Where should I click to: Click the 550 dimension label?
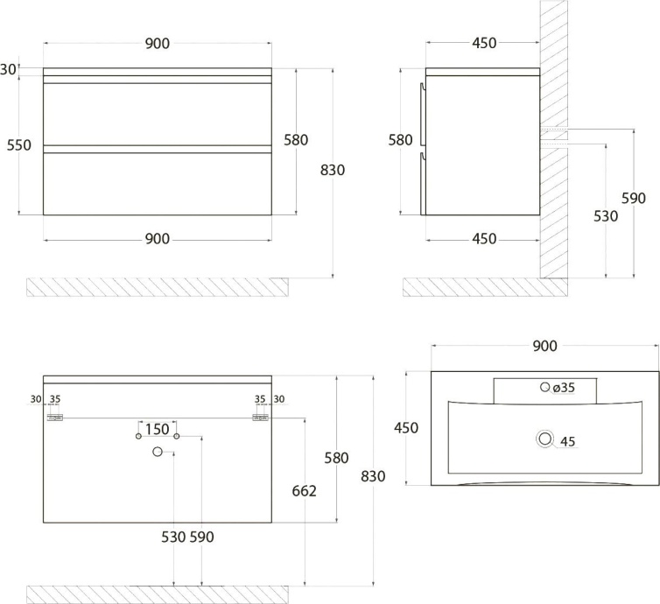click(x=19, y=145)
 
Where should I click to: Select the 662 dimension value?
click(x=305, y=491)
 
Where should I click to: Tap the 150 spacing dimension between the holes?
click(x=158, y=429)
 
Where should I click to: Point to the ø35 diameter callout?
click(x=564, y=388)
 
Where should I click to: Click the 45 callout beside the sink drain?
click(x=568, y=441)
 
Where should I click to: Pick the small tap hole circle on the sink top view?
click(x=545, y=387)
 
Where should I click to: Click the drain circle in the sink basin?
click(x=545, y=439)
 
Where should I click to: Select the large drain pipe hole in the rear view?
click(x=158, y=452)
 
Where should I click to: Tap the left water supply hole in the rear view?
click(x=138, y=436)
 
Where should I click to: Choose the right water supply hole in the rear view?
click(x=177, y=436)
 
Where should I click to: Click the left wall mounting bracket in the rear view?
click(x=55, y=418)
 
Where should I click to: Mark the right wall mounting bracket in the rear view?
click(x=260, y=418)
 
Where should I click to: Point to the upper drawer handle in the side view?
click(x=423, y=114)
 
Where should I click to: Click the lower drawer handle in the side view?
click(x=423, y=184)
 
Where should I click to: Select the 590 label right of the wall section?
click(x=634, y=198)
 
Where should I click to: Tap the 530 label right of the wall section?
click(x=606, y=216)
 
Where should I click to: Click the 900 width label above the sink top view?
click(x=545, y=346)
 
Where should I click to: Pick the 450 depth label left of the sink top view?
click(x=406, y=428)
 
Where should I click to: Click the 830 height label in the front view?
click(x=333, y=170)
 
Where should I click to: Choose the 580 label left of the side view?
click(x=400, y=140)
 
